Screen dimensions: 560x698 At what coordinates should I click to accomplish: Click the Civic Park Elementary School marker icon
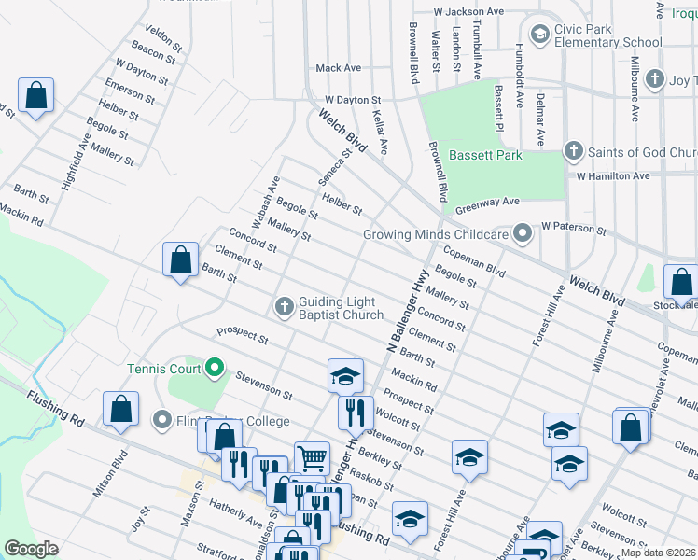click(x=539, y=35)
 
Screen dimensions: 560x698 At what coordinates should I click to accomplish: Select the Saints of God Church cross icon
click(x=575, y=151)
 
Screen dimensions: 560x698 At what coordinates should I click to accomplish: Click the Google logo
click(x=31, y=548)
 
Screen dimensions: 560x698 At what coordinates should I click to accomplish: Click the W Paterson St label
click(x=573, y=227)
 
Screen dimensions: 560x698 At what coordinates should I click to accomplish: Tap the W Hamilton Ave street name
click(x=612, y=175)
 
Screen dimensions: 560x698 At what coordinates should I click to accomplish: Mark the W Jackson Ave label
click(x=468, y=12)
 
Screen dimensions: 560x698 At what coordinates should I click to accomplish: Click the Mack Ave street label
click(x=338, y=68)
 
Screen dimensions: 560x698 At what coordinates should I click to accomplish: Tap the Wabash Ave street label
click(x=261, y=197)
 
